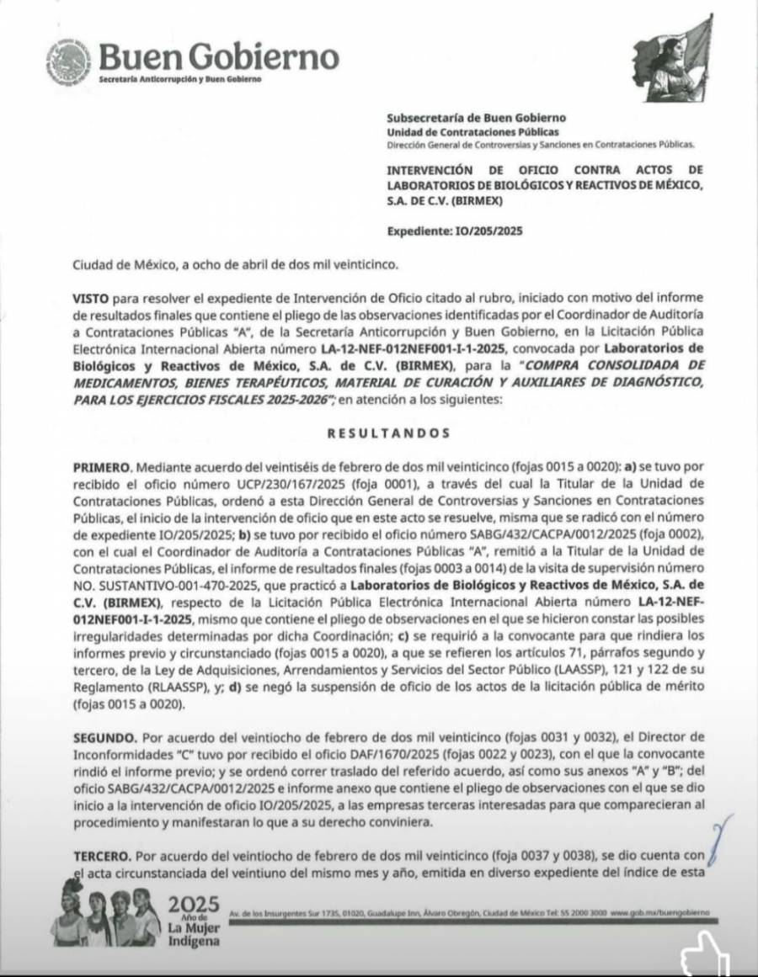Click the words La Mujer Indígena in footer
click(195, 934)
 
